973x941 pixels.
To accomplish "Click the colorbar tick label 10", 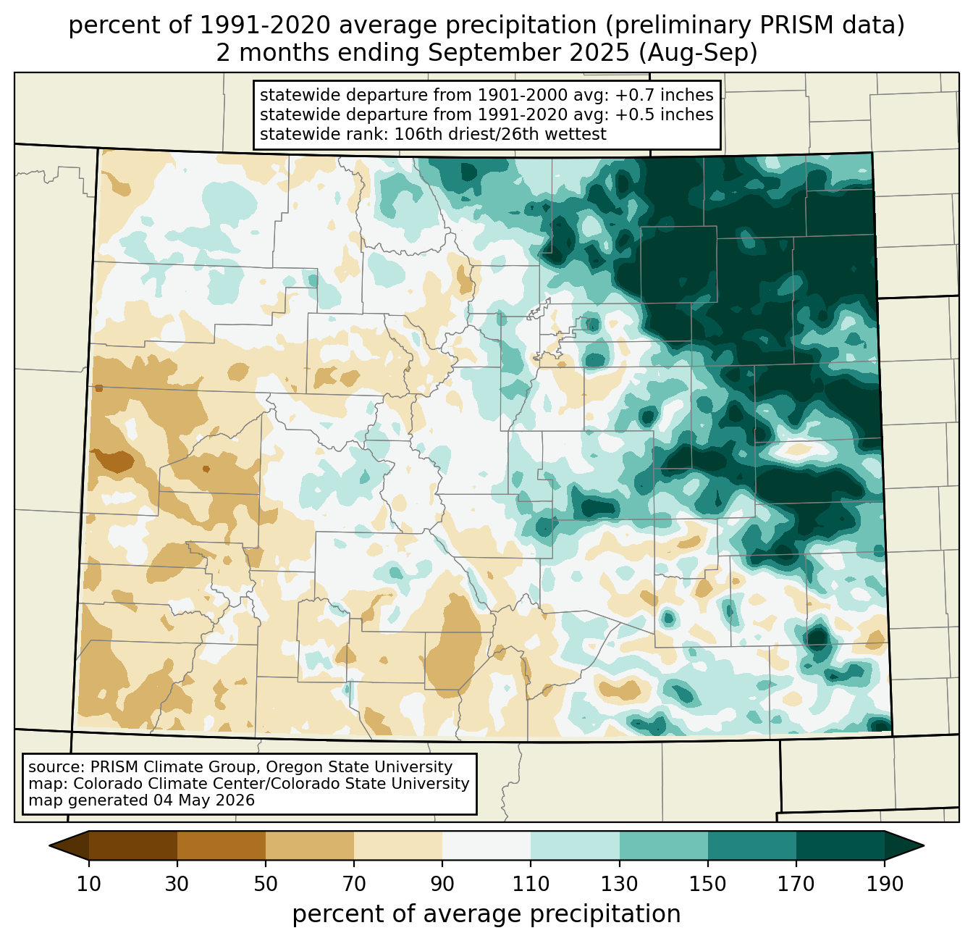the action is (88, 884).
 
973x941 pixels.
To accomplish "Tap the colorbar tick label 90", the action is (442, 884).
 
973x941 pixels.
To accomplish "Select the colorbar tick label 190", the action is (884, 884).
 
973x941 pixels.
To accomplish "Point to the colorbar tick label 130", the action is (619, 884).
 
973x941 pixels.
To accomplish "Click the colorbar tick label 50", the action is (266, 884).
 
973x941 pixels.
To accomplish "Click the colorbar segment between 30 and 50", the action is (221, 845).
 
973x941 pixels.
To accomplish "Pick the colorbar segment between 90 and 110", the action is (486, 845).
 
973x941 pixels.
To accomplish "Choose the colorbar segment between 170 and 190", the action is (840, 845).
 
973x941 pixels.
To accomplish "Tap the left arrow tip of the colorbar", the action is (49, 845).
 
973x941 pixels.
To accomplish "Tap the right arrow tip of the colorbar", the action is (924, 845).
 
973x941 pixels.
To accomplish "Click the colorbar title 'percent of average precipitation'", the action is (486, 914).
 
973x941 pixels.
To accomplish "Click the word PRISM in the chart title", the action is (789, 26).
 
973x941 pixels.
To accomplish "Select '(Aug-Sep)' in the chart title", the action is (698, 53).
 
